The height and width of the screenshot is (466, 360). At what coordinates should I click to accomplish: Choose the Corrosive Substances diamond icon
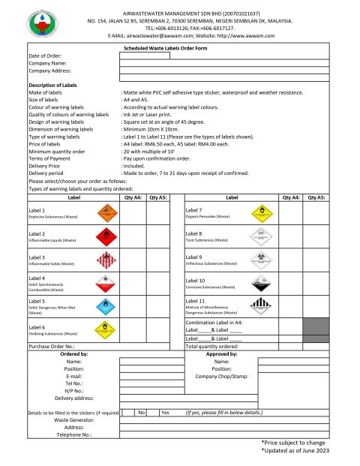(263, 283)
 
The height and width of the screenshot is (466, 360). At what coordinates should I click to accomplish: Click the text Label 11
(196, 301)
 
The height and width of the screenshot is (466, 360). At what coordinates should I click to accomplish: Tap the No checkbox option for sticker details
(141, 413)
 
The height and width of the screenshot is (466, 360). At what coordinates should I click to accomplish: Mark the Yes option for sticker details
(166, 413)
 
